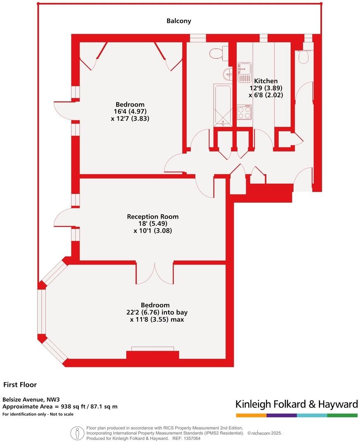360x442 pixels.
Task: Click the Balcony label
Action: click(179, 21)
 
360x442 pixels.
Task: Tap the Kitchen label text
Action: click(266, 81)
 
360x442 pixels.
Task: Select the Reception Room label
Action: click(153, 217)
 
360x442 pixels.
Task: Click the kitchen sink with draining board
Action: click(244, 72)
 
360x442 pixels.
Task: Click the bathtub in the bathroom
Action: click(223, 105)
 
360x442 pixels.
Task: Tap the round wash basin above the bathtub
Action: click(227, 74)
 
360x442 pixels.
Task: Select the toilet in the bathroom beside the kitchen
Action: click(216, 53)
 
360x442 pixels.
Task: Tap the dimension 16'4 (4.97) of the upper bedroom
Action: click(130, 111)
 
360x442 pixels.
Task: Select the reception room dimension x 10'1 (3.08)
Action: click(153, 231)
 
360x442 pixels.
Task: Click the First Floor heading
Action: click(20, 385)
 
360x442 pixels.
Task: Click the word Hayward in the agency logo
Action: click(337, 404)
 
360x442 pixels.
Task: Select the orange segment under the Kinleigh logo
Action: click(251, 415)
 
